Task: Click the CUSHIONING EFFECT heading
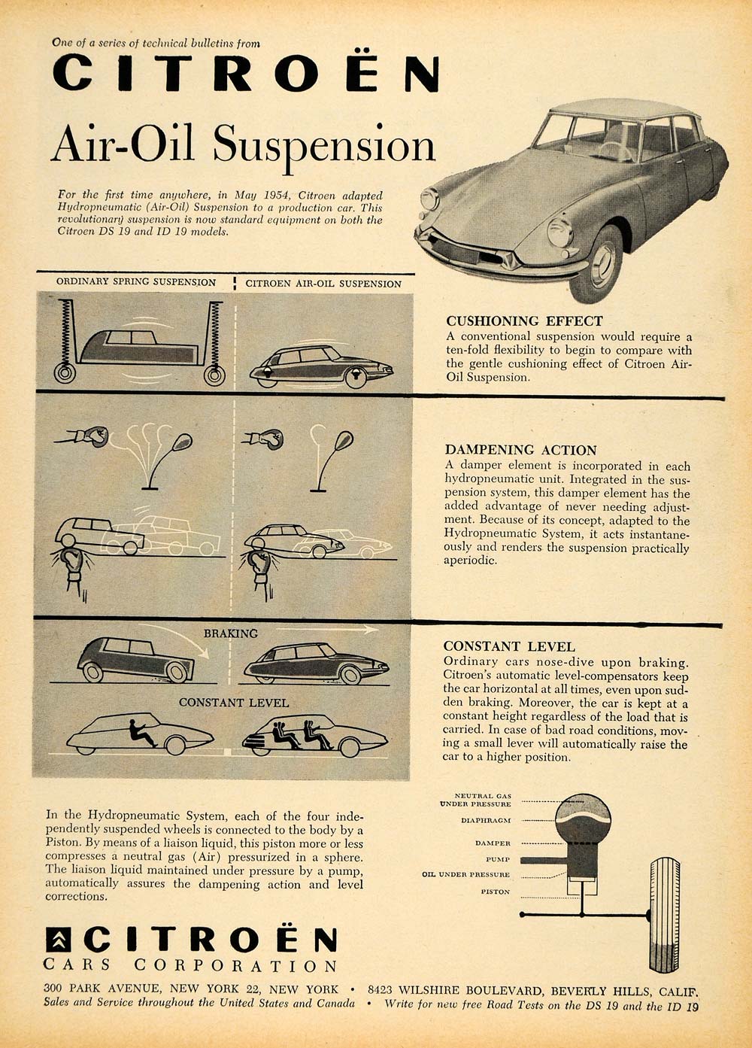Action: [x=524, y=320]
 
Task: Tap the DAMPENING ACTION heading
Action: [x=520, y=450]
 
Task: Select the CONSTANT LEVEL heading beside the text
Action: [x=509, y=646]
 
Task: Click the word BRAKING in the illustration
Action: [x=231, y=633]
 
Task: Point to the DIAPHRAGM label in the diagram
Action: [x=486, y=820]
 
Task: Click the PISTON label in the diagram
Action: [x=496, y=892]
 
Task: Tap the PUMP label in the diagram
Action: [x=498, y=858]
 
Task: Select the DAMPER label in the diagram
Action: [x=493, y=843]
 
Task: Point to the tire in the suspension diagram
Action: [x=664, y=914]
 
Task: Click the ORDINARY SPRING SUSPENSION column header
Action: [x=136, y=282]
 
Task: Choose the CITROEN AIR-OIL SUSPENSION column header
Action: [x=323, y=284]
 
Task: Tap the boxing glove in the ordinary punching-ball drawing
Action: [x=94, y=436]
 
